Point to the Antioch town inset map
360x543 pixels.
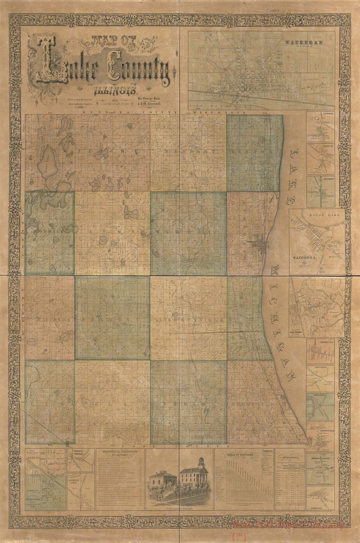[x=321, y=126]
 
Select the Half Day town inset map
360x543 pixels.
[x=321, y=159]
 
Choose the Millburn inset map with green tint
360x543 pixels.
[x=321, y=191]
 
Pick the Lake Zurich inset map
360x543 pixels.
[x=320, y=406]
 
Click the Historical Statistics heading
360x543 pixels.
[x=120, y=454]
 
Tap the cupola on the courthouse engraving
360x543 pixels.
[x=200, y=462]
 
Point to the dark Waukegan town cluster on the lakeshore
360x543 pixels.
[x=261, y=245]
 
